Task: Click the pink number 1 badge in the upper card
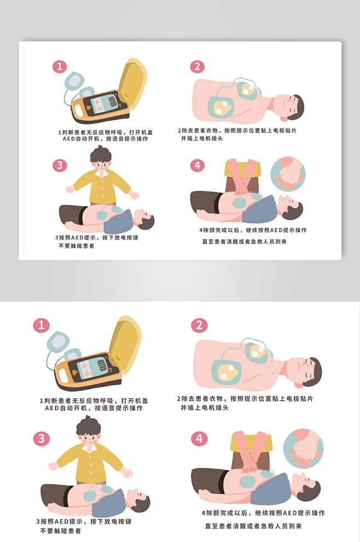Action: [59, 67]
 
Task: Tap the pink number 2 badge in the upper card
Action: [197, 67]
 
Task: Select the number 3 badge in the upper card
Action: [59, 166]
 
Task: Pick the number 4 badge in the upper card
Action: [197, 166]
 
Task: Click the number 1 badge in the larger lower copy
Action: [41, 325]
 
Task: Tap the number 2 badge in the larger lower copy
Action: [199, 325]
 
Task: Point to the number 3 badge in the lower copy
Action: [41, 439]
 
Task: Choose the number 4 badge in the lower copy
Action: [199, 439]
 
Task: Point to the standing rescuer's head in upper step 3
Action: [100, 159]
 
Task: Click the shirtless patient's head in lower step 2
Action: [306, 370]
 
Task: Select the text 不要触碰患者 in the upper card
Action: [76, 246]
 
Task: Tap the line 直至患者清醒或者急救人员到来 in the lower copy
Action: [253, 526]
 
